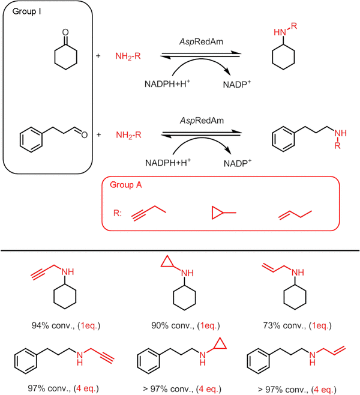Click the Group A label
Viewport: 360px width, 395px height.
(126, 185)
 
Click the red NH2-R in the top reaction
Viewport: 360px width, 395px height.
(127, 56)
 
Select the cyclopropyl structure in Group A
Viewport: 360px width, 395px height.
(223, 213)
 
